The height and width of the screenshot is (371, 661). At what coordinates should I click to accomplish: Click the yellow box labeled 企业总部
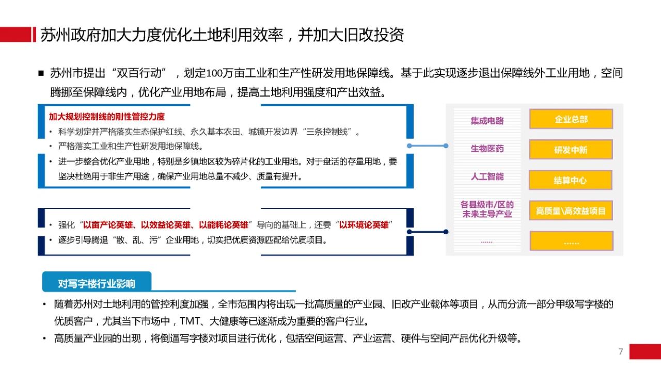click(571, 119)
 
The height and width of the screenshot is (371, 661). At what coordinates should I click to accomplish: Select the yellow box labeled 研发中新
click(571, 150)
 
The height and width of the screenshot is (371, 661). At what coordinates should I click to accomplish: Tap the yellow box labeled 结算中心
click(571, 180)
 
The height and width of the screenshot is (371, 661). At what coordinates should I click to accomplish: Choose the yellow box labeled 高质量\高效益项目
click(571, 211)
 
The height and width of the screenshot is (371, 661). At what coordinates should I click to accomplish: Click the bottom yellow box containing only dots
click(571, 241)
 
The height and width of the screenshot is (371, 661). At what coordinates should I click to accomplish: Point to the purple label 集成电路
click(487, 121)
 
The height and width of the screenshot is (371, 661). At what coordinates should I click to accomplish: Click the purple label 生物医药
click(487, 149)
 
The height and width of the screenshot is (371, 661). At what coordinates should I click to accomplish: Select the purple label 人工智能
click(487, 176)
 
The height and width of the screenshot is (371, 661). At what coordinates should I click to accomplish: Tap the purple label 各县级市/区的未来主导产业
click(487, 209)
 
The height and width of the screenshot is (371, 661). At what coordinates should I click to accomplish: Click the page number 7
click(621, 351)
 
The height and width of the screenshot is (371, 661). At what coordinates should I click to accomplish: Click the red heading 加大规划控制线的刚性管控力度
click(107, 117)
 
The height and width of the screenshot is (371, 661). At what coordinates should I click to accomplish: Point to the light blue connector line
click(428, 146)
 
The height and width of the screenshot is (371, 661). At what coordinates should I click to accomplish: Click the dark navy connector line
click(428, 232)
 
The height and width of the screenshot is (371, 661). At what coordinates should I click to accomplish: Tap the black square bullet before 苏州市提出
click(41, 73)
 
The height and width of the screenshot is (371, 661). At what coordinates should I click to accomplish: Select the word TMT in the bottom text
click(189, 321)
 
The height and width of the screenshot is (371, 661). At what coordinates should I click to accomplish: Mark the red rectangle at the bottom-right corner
click(645, 351)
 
